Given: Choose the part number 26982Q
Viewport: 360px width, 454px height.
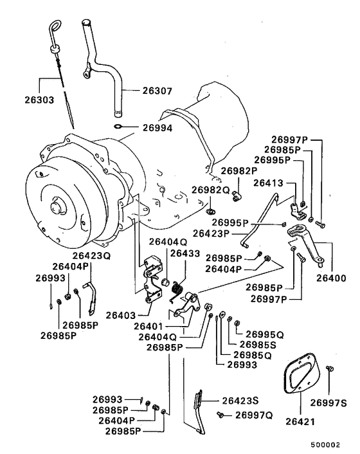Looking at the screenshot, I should coord(210,190).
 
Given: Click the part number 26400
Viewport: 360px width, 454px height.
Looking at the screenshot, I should coord(331,278).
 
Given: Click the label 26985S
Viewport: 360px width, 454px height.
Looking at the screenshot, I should coord(256,345).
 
